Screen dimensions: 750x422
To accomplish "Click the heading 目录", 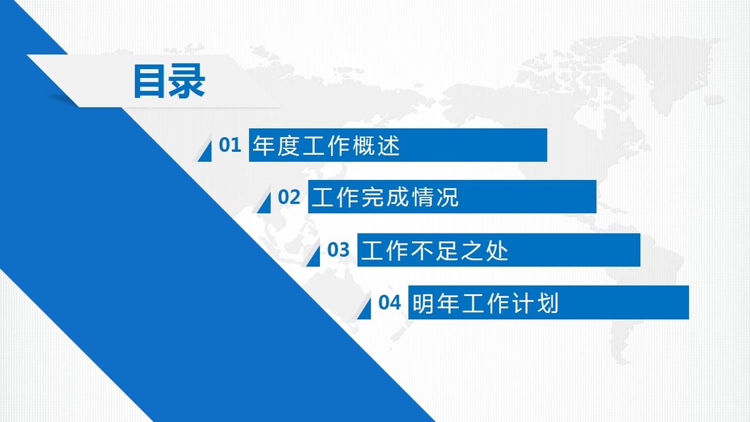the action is [169, 82].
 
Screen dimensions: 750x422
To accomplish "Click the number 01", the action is [230, 145].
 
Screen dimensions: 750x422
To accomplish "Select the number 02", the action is [289, 197].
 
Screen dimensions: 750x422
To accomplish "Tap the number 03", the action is [338, 250].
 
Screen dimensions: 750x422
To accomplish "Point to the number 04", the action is [389, 302].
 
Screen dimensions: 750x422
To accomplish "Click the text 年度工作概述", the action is [326, 146].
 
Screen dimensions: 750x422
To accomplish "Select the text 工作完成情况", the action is [385, 197].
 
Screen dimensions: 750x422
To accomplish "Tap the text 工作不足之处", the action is [435, 250].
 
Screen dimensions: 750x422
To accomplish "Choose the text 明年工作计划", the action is [486, 303].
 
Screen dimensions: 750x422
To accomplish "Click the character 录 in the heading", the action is [188, 82].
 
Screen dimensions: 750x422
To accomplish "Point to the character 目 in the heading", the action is [150, 82].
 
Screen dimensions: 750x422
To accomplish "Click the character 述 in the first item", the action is [388, 146].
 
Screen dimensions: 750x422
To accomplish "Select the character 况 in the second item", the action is [447, 197].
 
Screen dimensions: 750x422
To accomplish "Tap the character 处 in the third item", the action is [496, 250].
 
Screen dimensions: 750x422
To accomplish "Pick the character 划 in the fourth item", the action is [547, 303].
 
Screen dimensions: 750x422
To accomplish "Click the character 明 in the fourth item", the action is [424, 303].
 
